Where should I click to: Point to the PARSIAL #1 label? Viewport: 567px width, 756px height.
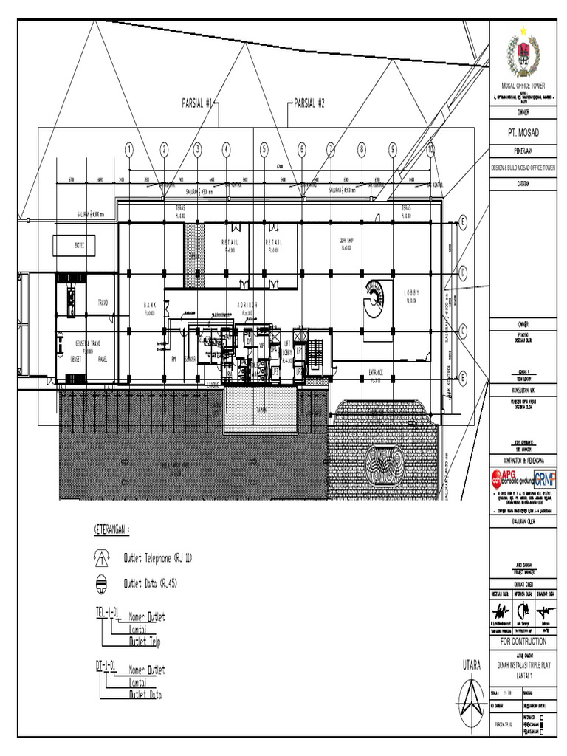tap(197, 103)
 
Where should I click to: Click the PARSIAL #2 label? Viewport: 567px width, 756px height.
tap(309, 103)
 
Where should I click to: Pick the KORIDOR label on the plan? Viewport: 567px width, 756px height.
tap(247, 305)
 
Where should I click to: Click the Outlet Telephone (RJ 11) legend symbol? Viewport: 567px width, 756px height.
tap(102, 558)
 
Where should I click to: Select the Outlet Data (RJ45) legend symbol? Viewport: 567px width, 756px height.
tap(102, 583)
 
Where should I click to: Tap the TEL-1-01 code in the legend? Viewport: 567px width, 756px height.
tap(106, 612)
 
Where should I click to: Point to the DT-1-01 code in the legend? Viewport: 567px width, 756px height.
tap(105, 666)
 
